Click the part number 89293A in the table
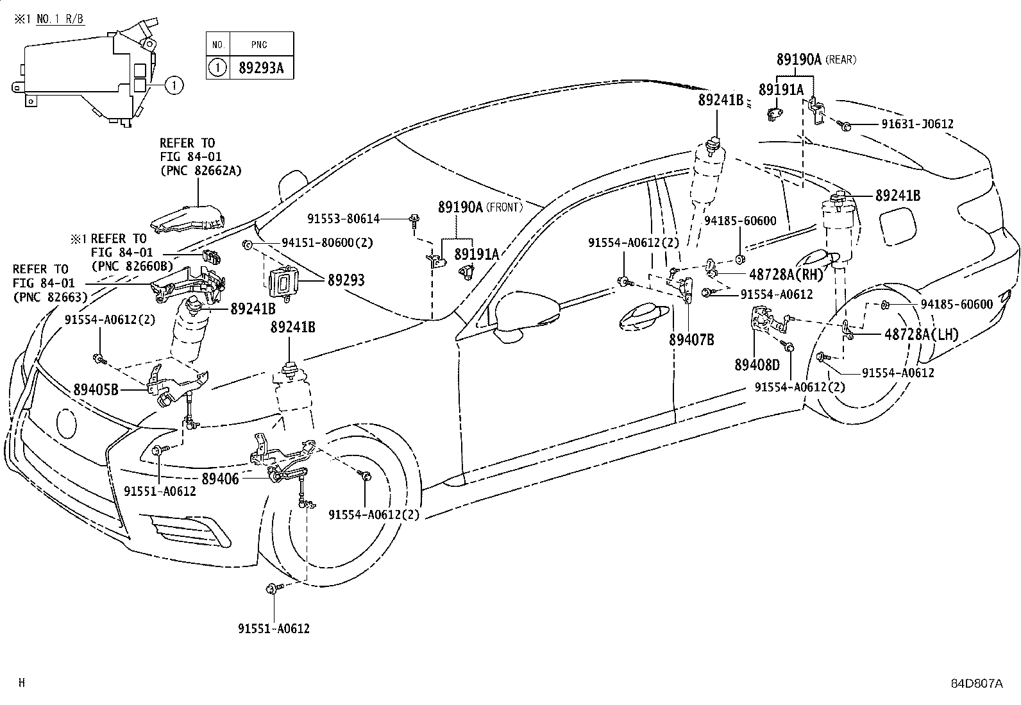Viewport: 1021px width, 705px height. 260,67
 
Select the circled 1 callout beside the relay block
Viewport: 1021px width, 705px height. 174,84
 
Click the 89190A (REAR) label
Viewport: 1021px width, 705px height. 815,60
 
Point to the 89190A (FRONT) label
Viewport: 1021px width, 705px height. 480,207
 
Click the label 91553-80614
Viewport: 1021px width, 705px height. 343,219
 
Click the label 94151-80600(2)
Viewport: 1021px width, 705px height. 327,242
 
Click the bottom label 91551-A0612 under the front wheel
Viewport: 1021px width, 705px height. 273,629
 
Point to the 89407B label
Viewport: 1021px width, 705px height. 691,340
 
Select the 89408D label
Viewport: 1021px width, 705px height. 757,364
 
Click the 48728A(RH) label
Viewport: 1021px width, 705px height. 785,274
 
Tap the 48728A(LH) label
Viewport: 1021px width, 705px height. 921,334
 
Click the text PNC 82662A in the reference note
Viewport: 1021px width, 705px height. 200,170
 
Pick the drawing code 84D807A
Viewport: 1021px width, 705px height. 975,683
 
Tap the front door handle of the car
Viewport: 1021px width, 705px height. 645,316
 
